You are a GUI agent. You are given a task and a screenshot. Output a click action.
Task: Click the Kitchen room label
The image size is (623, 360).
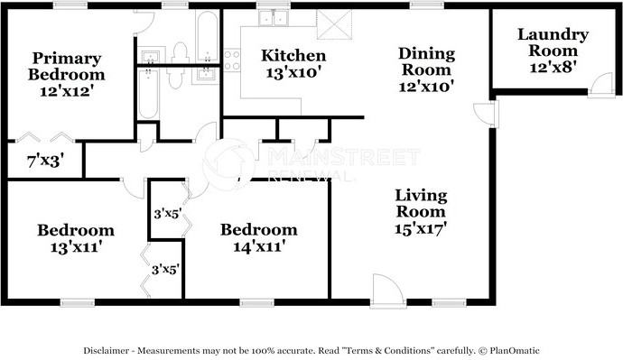pyautogui.click(x=293, y=56)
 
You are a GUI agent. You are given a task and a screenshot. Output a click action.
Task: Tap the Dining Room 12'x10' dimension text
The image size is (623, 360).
pyautogui.click(x=425, y=86)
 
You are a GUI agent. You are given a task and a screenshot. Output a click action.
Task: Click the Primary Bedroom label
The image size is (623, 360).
pyautogui.click(x=65, y=64)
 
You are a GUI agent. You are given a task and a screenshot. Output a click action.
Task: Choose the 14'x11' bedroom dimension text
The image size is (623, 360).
pyautogui.click(x=258, y=245)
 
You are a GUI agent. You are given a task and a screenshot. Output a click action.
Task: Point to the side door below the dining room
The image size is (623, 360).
pyautogui.click(x=484, y=114)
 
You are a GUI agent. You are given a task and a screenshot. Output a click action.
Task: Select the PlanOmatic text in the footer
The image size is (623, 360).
pyautogui.click(x=515, y=350)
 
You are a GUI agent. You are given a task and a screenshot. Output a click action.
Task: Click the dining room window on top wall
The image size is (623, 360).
pyautogui.click(x=420, y=5)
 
